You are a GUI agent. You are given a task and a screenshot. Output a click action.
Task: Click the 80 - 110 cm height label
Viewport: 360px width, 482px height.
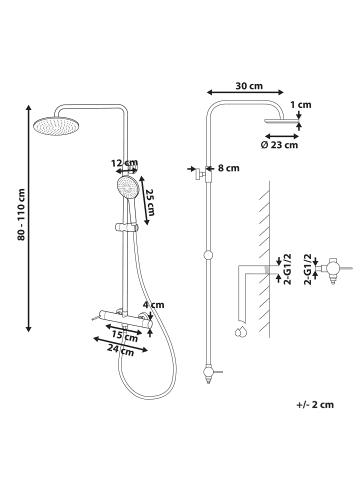[x=21, y=214]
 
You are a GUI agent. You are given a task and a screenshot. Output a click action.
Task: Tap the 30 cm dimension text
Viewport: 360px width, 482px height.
[x=249, y=86]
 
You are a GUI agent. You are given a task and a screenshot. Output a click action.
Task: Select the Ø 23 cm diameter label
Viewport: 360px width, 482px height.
[x=279, y=145]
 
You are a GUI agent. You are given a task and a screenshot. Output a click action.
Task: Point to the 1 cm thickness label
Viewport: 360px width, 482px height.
[x=300, y=105]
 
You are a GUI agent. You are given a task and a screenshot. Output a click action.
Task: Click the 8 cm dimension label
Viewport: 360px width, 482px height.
[x=229, y=168]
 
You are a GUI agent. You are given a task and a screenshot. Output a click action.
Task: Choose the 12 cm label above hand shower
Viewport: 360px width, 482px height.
[x=125, y=163]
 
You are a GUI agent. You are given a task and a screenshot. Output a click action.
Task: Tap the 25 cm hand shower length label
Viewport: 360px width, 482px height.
[x=151, y=202]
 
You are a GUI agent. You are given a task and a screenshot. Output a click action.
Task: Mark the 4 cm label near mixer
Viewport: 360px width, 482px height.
[x=153, y=305]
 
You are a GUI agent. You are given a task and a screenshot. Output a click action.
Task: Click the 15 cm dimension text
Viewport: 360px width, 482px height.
[x=125, y=337]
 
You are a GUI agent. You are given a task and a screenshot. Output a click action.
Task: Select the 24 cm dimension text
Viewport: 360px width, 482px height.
[x=121, y=350]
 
